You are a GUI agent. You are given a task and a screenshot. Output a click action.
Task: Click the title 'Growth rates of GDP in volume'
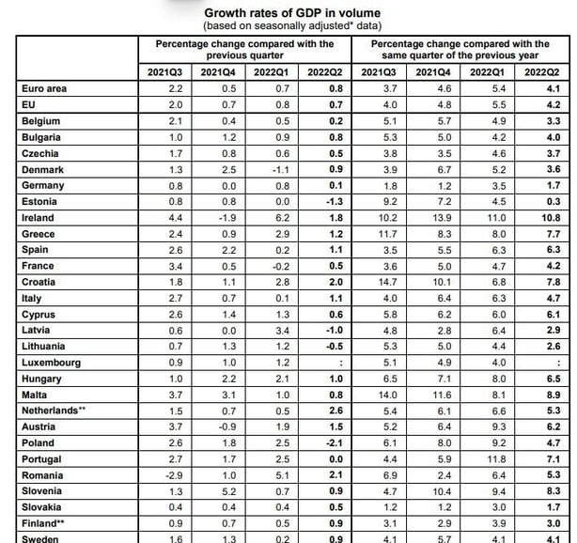(x=292, y=13)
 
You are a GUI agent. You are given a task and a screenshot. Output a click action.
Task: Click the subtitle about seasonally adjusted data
(x=292, y=25)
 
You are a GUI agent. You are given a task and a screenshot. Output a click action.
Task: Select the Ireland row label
(x=38, y=218)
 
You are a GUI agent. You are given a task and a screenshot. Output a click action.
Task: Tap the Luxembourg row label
(x=51, y=363)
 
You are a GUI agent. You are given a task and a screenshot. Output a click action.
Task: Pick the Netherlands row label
(x=54, y=411)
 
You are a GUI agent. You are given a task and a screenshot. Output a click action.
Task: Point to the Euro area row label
(x=44, y=88)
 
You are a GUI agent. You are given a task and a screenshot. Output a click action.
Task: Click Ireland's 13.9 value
(x=442, y=218)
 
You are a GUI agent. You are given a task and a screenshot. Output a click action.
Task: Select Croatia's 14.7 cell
(x=388, y=282)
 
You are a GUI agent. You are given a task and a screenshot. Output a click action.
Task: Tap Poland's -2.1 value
(x=335, y=442)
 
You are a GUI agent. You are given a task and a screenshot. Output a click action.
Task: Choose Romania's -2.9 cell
(x=174, y=475)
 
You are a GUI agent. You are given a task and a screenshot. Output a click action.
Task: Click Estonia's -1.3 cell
(x=335, y=202)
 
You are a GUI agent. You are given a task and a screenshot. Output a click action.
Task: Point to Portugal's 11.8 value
(x=496, y=459)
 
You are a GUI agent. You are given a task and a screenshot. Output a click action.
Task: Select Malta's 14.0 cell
(x=388, y=395)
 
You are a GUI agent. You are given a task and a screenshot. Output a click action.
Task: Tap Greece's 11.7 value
(x=388, y=234)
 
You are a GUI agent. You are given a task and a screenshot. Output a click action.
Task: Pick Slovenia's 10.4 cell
(x=442, y=491)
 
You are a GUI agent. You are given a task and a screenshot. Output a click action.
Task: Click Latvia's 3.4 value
(x=282, y=331)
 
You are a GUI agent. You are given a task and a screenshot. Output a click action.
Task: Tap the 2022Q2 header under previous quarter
(x=325, y=72)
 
